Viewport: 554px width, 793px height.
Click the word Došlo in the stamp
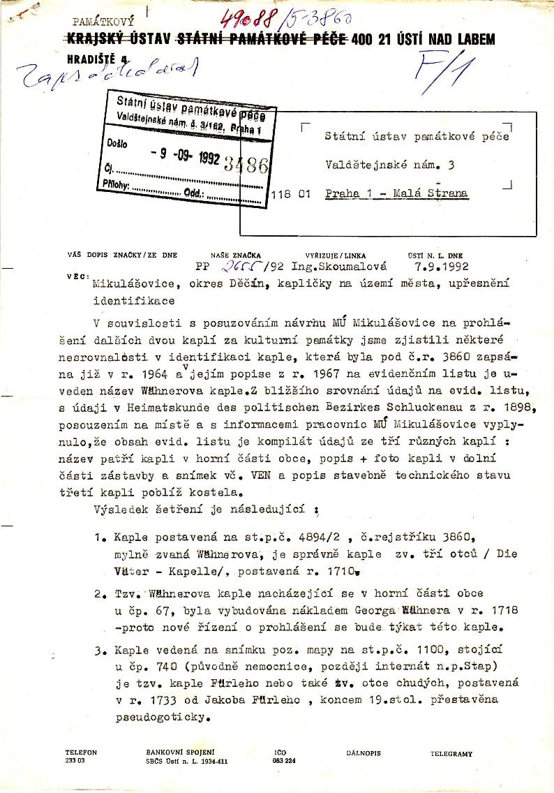(x=119, y=142)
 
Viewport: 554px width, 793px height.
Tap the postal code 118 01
(x=292, y=195)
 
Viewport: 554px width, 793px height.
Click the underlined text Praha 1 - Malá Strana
(x=396, y=194)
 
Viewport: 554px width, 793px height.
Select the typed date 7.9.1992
(x=440, y=266)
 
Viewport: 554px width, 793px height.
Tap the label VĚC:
(x=77, y=276)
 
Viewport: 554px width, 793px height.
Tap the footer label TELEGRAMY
(x=451, y=754)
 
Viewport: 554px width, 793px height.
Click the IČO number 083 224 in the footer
(x=285, y=762)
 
